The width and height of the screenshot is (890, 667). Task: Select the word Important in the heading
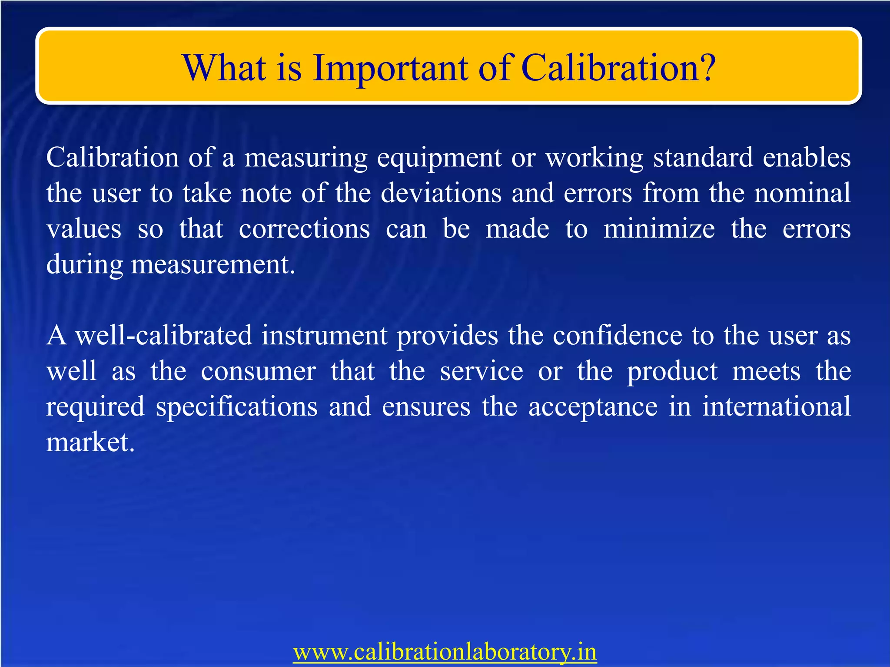pos(391,69)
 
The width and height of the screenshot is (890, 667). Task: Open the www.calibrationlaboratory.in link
pos(445,652)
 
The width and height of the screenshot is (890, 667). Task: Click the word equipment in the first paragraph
pos(439,158)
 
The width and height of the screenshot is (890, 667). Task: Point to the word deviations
pos(441,193)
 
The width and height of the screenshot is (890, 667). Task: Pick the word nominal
pos(802,193)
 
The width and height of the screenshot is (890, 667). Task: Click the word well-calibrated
pos(163,335)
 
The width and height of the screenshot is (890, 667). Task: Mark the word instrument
pos(324,335)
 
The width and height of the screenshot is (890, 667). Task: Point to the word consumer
pos(258,371)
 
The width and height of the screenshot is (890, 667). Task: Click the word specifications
pos(236,407)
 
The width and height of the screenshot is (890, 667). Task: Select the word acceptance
pos(593,407)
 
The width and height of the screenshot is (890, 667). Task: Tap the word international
pos(776,406)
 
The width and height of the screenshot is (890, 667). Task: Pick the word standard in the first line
pos(703,157)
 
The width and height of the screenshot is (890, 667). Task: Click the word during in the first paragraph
pos(84,264)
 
